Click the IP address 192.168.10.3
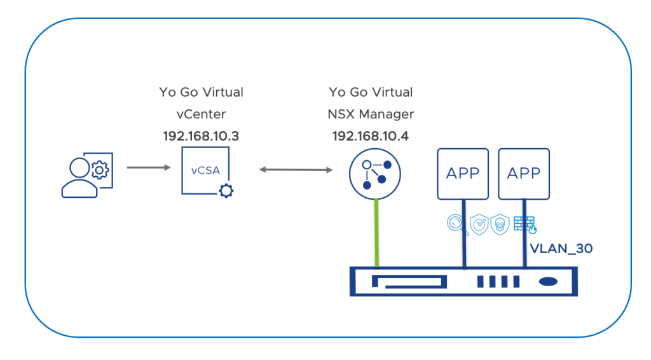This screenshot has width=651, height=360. pyautogui.click(x=201, y=136)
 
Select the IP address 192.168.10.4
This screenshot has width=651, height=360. pyautogui.click(x=371, y=136)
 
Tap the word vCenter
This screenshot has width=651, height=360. pyautogui.click(x=201, y=114)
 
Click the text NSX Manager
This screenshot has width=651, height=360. pyautogui.click(x=371, y=114)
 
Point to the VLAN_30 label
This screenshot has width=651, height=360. pyautogui.click(x=561, y=249)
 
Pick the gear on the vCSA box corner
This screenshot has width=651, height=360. pyautogui.click(x=226, y=190)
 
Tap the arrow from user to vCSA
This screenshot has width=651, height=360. pyautogui.click(x=149, y=168)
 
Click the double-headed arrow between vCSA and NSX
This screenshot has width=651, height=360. pyautogui.click(x=296, y=170)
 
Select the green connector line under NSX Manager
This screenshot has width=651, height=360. pyautogui.click(x=377, y=232)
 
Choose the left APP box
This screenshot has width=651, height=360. pyautogui.click(x=462, y=173)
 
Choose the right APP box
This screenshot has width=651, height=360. pyautogui.click(x=524, y=173)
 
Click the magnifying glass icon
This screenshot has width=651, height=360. pyautogui.click(x=456, y=223)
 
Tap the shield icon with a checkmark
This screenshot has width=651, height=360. pyautogui.click(x=479, y=223)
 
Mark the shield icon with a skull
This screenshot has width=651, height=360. pyautogui.click(x=500, y=223)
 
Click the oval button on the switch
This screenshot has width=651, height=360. pyautogui.click(x=549, y=281)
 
